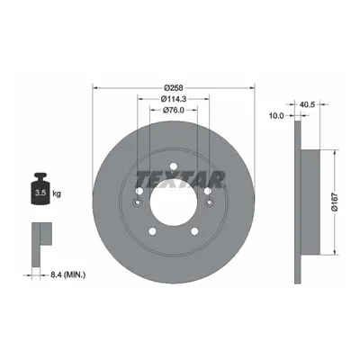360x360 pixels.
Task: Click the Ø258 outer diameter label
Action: tap(174, 87)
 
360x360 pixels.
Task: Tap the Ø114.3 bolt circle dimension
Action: tap(174, 99)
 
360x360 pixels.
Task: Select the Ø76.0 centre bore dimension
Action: tap(174, 110)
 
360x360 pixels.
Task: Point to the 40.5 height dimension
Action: tap(307, 104)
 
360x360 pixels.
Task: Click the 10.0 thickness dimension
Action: tap(276, 115)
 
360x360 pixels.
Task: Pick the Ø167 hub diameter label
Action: tap(335, 202)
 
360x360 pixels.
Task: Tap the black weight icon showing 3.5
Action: tap(40, 188)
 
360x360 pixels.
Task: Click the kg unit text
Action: tap(57, 193)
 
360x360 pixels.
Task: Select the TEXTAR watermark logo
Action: tap(180, 179)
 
